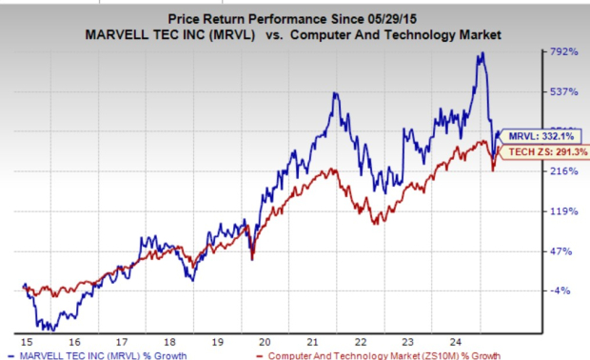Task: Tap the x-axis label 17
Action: click(x=121, y=340)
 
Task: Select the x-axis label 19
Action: click(x=218, y=340)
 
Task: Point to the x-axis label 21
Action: click(x=315, y=340)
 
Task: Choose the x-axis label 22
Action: click(x=364, y=340)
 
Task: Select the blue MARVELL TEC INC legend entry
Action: click(x=95, y=354)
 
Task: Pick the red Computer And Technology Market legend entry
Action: click(x=381, y=354)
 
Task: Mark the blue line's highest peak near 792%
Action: click(x=482, y=53)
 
